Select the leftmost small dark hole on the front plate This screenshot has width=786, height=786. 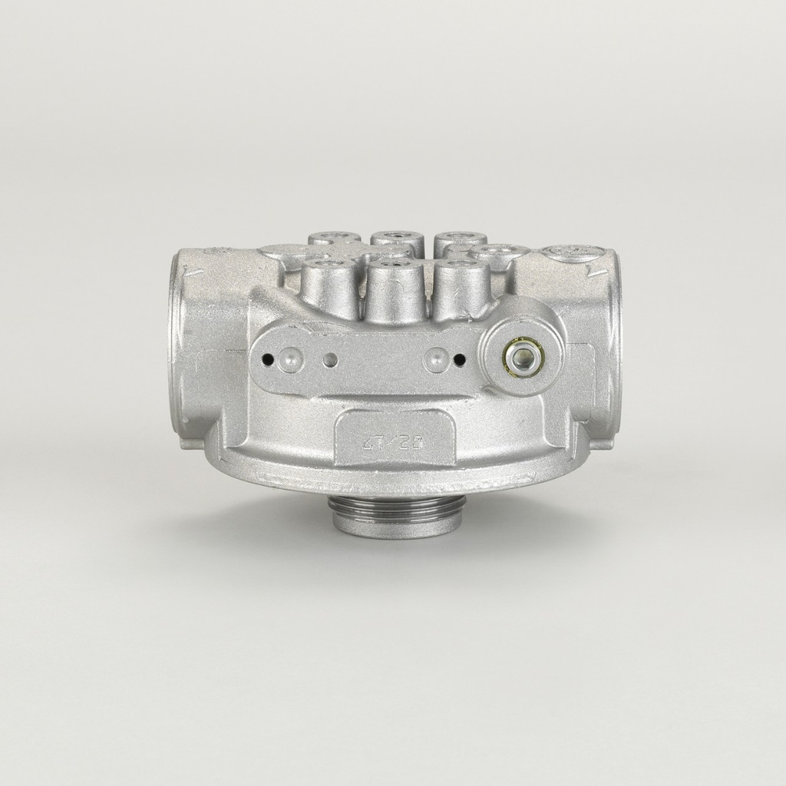click(x=267, y=358)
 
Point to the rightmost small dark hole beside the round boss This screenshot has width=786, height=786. click(x=459, y=358)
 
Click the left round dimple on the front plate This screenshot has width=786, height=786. click(x=289, y=358)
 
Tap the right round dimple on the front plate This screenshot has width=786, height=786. click(x=436, y=358)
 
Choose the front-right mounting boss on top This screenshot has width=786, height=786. click(x=462, y=286)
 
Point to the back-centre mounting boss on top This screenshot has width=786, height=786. click(x=397, y=239)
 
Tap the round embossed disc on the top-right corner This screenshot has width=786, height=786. click(x=572, y=253)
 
